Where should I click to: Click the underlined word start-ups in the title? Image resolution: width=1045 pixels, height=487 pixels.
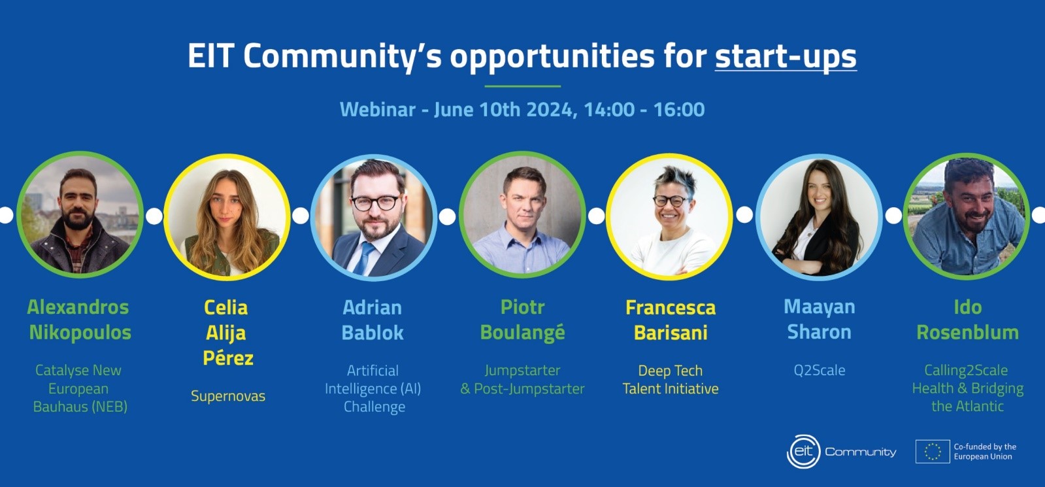pos(786,57)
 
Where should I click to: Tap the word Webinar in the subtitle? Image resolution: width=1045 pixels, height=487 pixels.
pos(377,110)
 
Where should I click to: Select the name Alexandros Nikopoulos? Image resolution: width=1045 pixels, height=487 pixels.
pos(79,320)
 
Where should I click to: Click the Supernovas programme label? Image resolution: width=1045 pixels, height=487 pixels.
pos(228,396)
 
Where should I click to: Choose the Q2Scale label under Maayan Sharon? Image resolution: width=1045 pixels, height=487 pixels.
pos(820,371)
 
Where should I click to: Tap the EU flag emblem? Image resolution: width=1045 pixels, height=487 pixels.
pos(933,452)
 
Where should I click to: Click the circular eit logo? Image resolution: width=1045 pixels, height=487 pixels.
pos(803,452)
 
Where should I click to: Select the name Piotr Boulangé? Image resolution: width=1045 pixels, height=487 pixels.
pos(523,320)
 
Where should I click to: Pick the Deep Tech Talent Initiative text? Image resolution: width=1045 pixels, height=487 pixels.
pos(671,379)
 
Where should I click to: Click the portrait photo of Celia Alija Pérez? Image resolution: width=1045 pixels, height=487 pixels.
pos(227,217)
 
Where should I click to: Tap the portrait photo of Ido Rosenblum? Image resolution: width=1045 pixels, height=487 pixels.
pos(967,216)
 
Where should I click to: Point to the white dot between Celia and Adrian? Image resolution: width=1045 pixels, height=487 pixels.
pos(301,216)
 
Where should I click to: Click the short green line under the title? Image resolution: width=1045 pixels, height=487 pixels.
pos(523,86)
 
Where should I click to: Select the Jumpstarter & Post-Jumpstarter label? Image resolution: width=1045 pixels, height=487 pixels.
pos(523,379)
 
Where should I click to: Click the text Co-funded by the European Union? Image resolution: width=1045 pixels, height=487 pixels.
pos(985,452)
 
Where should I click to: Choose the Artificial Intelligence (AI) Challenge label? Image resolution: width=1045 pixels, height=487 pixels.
pos(373,388)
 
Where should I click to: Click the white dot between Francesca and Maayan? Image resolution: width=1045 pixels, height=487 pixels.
pos(744,214)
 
